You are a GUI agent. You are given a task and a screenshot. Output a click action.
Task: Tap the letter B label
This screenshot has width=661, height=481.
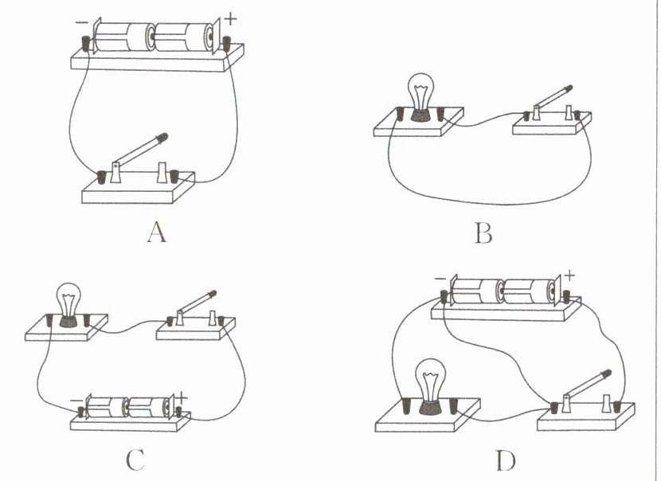(x=483, y=233)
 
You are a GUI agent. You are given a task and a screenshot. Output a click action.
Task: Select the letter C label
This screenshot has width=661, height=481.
(x=135, y=459)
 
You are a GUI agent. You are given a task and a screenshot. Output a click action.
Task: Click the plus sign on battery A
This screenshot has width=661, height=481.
(x=231, y=16)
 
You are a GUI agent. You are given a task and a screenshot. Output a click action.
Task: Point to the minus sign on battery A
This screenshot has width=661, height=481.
(x=82, y=22)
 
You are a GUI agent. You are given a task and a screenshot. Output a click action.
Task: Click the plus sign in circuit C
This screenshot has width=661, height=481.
(x=182, y=396)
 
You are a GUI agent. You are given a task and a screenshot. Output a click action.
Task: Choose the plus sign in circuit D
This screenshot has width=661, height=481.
(x=570, y=278)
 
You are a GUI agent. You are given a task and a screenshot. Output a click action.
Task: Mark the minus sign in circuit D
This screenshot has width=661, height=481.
(x=440, y=280)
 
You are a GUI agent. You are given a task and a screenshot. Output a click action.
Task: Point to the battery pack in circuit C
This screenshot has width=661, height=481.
(x=127, y=409)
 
